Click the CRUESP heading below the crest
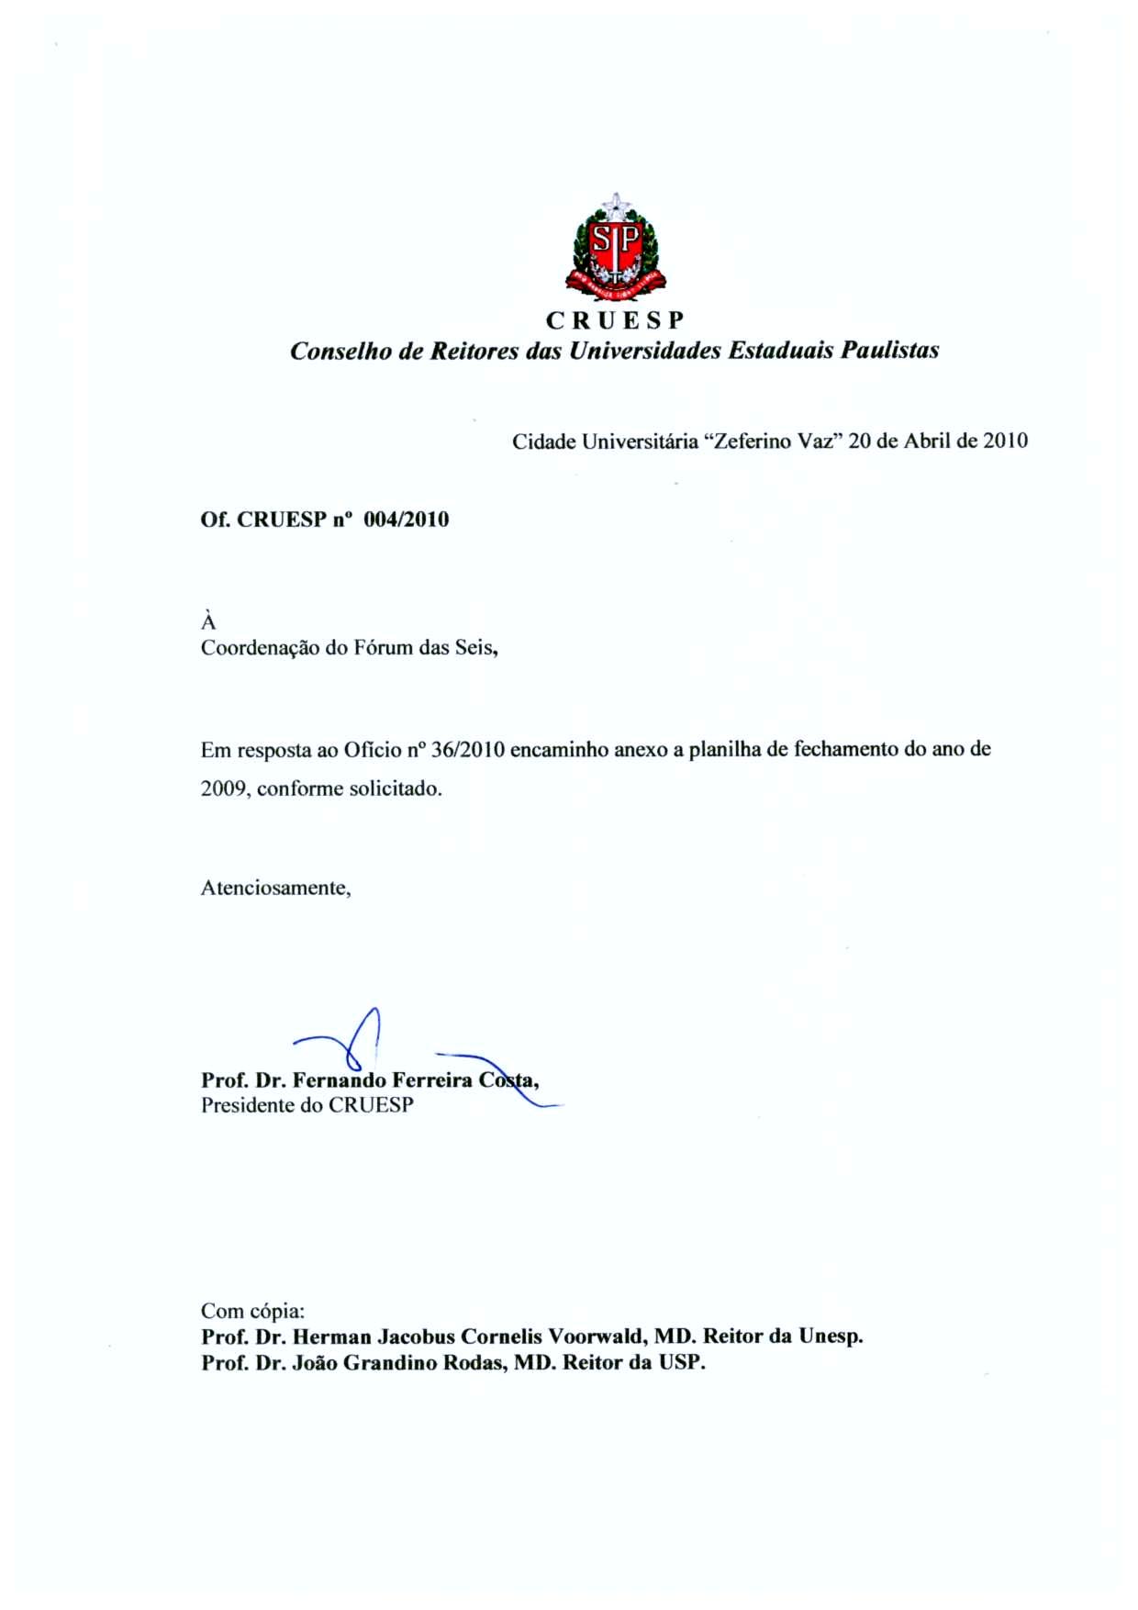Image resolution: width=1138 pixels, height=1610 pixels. point(615,320)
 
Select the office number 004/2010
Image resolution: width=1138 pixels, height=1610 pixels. point(407,520)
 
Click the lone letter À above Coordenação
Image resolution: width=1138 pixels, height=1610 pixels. point(208,621)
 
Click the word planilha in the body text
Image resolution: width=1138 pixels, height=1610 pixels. point(725,750)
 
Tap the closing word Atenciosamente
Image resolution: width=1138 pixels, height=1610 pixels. point(274,889)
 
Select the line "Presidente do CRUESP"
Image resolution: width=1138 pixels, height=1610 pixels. point(307,1105)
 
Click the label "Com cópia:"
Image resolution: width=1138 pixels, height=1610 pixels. point(252,1311)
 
